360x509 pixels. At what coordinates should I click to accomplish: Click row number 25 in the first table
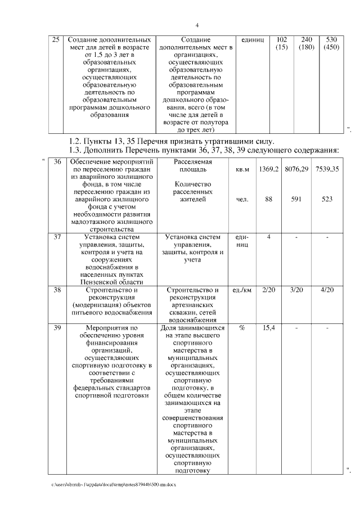[x=55, y=40]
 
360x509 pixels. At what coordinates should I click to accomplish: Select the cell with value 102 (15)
[x=282, y=44]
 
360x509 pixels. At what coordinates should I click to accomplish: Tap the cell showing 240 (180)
[x=307, y=44]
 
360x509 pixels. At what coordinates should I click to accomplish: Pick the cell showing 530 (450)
[x=331, y=44]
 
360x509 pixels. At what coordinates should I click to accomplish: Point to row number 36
[x=57, y=161]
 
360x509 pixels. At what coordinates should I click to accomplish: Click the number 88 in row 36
[x=269, y=199]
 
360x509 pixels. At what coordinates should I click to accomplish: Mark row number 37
[x=57, y=237]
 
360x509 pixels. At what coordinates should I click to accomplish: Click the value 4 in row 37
[x=269, y=237]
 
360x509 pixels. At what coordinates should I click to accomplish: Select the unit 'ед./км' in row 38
[x=242, y=290]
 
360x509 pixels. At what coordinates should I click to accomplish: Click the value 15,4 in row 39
[x=269, y=328]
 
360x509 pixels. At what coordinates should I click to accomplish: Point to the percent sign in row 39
[x=242, y=328]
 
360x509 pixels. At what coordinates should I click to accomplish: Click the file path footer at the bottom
[x=113, y=484]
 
